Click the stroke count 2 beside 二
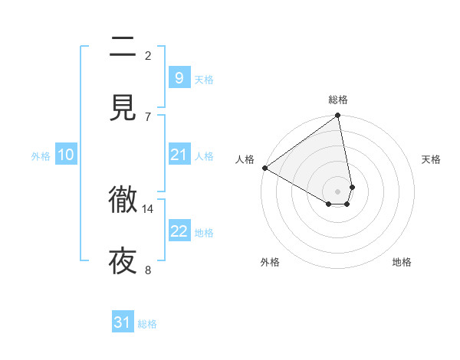tap(148, 55)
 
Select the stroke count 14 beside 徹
tap(148, 208)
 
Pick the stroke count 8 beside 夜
tap(148, 269)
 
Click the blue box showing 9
tap(179, 77)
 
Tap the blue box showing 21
tap(179, 155)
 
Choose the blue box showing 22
tap(179, 231)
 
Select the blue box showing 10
tap(66, 155)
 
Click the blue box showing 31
tap(123, 322)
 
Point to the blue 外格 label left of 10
tap(41, 156)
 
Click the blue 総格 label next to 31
tap(147, 324)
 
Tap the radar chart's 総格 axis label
tap(338, 100)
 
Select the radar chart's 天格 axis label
tap(432, 159)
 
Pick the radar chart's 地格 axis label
tap(402, 262)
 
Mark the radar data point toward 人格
tap(264, 168)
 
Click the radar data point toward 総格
tap(338, 116)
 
